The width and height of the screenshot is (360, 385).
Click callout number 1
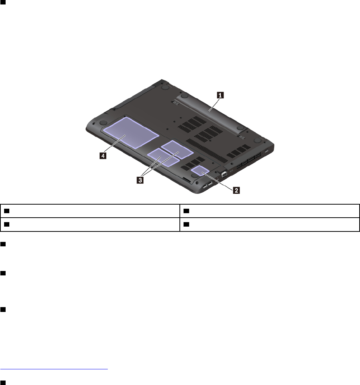click(x=220, y=95)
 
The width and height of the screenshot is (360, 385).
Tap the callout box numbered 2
click(x=237, y=190)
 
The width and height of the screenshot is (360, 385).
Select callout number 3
click(x=140, y=180)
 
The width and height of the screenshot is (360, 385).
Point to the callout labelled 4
click(x=103, y=156)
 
